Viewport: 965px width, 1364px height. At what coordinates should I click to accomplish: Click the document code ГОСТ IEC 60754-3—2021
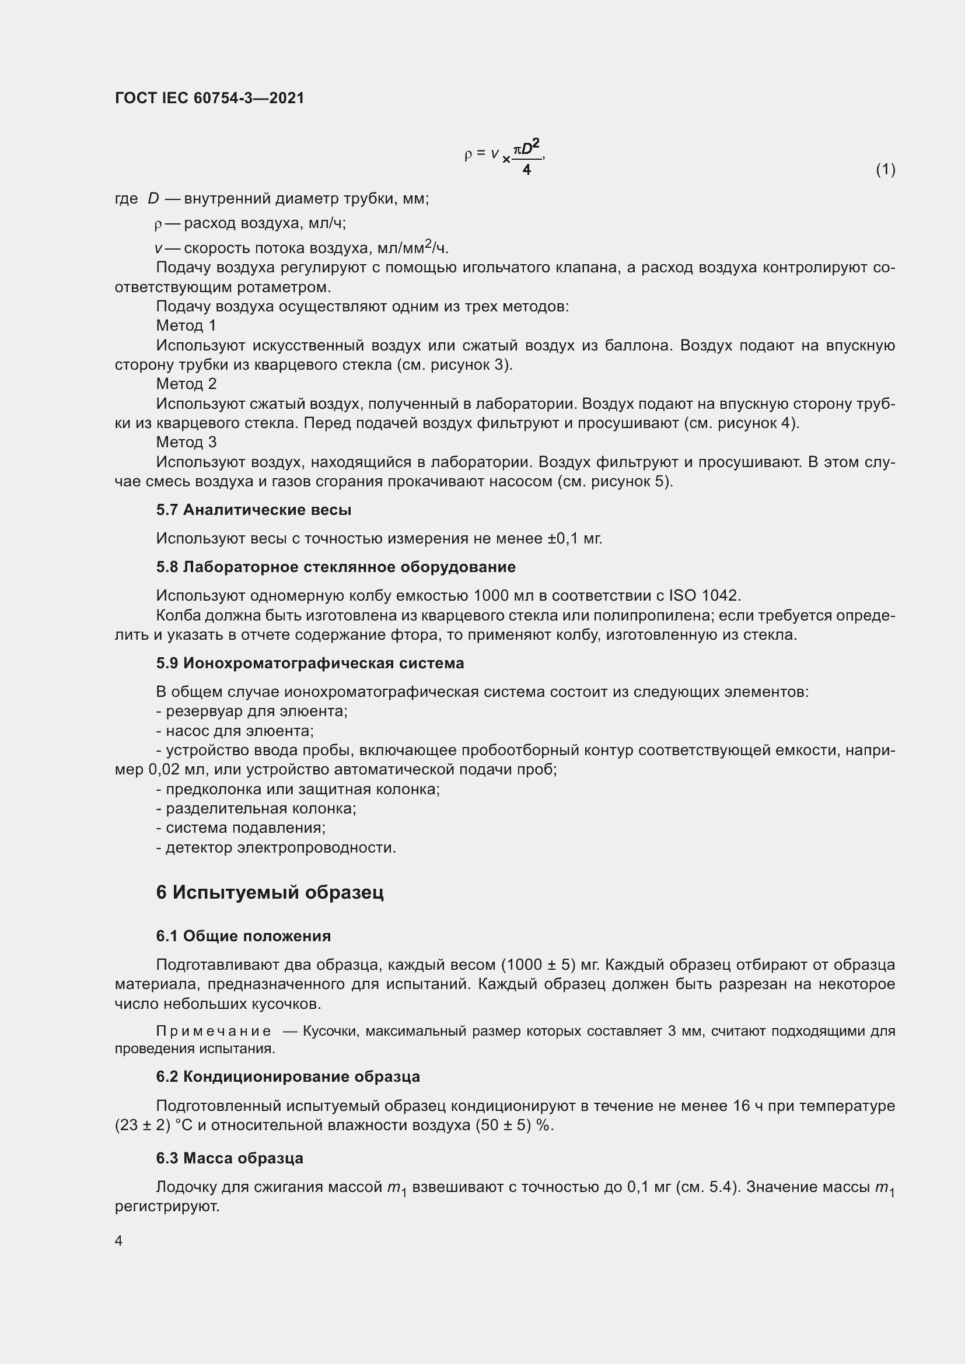209,98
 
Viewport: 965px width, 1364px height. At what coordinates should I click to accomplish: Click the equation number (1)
885,169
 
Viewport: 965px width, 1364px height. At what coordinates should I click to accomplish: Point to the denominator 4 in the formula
526,170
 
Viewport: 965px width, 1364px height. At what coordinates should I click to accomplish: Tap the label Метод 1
186,325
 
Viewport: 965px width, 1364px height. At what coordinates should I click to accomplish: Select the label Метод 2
186,384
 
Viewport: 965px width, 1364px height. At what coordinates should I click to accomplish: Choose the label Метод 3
186,442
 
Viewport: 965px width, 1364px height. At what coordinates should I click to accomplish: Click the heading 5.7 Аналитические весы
254,510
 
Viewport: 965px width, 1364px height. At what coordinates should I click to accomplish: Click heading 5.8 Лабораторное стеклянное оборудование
335,567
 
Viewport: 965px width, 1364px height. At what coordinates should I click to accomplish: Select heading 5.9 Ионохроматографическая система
310,663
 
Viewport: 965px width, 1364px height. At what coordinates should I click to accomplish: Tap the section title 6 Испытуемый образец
270,892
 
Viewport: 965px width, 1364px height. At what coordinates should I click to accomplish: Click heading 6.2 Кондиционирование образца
288,1077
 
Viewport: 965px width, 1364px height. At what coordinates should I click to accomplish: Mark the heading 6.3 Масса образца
229,1158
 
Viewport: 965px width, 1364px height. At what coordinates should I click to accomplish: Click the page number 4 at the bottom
119,1240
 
